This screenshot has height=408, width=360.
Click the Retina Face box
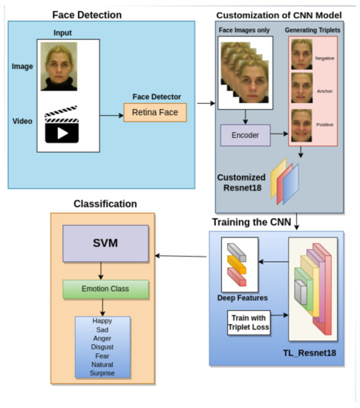pyautogui.click(x=155, y=113)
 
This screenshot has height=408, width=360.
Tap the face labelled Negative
pyautogui.click(x=301, y=55)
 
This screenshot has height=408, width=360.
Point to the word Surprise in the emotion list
pyautogui.click(x=102, y=375)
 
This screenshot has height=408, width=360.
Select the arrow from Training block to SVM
pyautogui.click(x=181, y=257)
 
